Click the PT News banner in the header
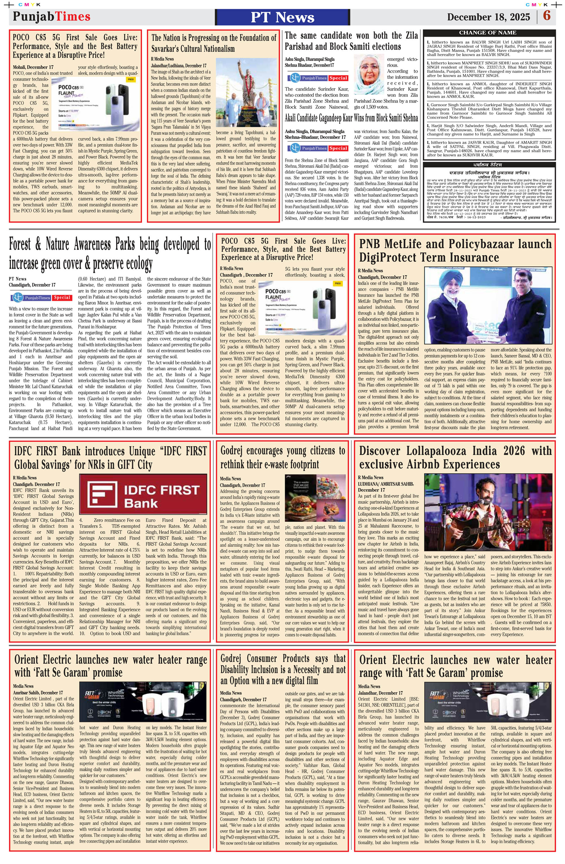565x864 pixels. [282, 17]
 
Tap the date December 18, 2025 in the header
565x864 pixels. [488, 17]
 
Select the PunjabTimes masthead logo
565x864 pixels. [52, 16]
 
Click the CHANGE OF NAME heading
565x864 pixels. [487, 33]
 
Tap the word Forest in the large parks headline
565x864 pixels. [25, 245]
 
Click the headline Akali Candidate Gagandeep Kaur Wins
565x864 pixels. [351, 118]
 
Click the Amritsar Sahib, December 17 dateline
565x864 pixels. [38, 692]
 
